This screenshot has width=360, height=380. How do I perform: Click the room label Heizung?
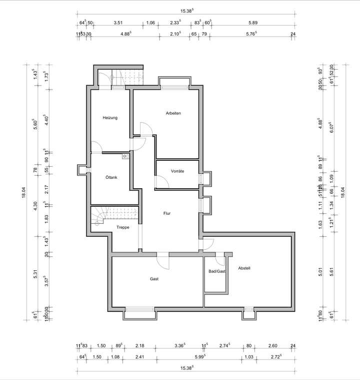pos(110,118)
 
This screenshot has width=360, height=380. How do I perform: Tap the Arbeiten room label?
pos(173,113)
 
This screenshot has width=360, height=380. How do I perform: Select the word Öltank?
pos(111,177)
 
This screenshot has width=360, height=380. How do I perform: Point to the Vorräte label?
pos(177,171)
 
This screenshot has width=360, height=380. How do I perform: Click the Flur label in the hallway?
pos(167,213)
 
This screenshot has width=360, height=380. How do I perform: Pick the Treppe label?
pos(123,227)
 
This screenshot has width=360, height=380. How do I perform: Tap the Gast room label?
pos(154,279)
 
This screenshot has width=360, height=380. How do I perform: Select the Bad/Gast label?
pos(217,271)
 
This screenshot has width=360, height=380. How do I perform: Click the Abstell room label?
pos(244,268)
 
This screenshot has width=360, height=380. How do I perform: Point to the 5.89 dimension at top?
pos(252,22)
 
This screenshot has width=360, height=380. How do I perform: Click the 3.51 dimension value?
pos(118,22)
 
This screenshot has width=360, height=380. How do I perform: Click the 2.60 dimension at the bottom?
pos(272,345)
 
